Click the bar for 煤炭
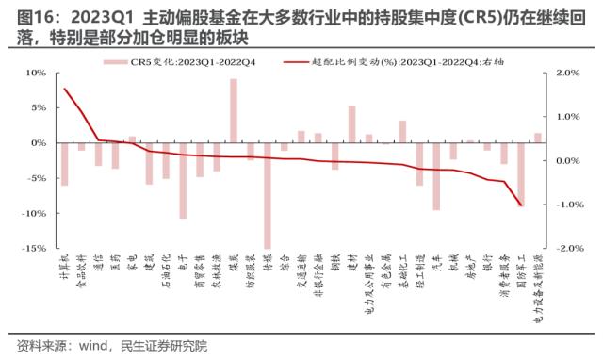pyautogui.click(x=234, y=111)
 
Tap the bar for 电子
pyautogui.click(x=183, y=180)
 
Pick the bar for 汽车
pyautogui.click(x=436, y=176)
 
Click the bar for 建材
pyautogui.click(x=351, y=124)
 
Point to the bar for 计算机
pyautogui.click(x=64, y=164)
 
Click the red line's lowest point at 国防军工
pyautogui.click(x=520, y=205)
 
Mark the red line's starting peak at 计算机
pyautogui.click(x=64, y=89)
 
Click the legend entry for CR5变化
pyautogui.click(x=180, y=61)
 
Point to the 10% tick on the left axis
pyautogui.click(x=36, y=73)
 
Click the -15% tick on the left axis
pyautogui.click(x=34, y=248)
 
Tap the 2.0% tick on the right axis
pyautogui.click(x=567, y=73)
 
